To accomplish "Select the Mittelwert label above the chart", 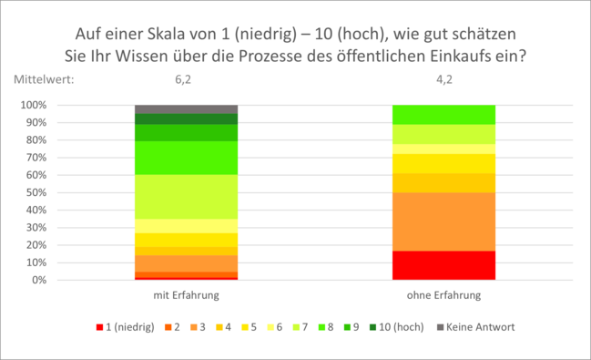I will click(44, 79).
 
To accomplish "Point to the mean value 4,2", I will click(444, 79).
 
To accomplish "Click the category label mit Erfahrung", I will click(186, 295).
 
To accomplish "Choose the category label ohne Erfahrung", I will click(444, 295).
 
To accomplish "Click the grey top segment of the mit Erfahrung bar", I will click(186, 108).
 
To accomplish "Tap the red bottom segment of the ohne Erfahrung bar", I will click(444, 265).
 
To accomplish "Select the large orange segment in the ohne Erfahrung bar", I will click(444, 221).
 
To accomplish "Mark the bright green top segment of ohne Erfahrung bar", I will click(444, 115).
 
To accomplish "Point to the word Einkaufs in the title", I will click(484, 56).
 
